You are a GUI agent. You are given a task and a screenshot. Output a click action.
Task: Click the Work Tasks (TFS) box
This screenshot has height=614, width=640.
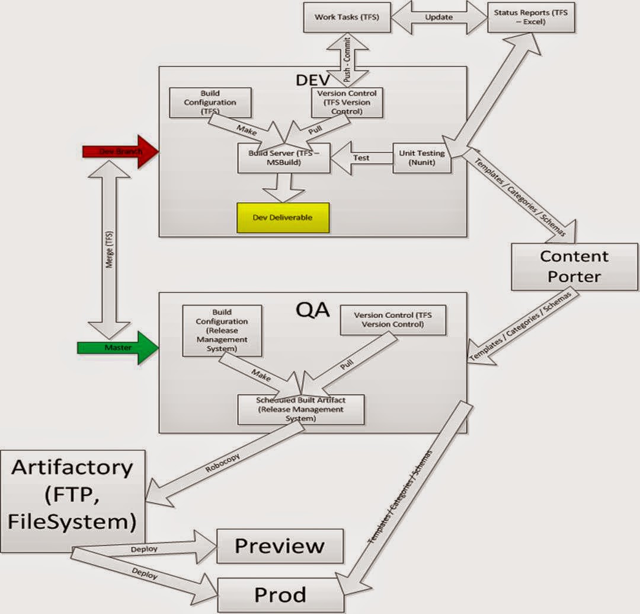(x=339, y=17)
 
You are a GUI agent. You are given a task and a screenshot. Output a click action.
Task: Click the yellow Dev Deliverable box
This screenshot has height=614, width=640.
(x=283, y=217)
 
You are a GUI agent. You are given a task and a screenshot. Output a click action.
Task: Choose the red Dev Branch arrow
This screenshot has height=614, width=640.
(x=118, y=151)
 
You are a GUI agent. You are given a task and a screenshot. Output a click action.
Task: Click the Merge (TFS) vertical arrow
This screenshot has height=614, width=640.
(x=108, y=250)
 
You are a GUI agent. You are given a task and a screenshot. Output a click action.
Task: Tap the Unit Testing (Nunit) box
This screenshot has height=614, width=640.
(x=422, y=158)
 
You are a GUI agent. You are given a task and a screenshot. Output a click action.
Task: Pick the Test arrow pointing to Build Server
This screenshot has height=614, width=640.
(x=361, y=158)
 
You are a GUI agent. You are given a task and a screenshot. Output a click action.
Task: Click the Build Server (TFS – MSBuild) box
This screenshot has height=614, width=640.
(x=284, y=158)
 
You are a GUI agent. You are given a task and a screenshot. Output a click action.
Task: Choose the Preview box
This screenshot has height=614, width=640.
(x=280, y=546)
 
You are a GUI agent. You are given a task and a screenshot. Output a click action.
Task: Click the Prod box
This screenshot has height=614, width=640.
(x=280, y=594)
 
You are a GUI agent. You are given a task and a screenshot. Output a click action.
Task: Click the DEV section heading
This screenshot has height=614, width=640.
(x=312, y=79)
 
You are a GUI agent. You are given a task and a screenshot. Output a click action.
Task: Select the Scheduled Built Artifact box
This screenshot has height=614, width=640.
(x=300, y=409)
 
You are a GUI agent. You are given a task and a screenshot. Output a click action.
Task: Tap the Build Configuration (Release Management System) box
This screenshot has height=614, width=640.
(x=222, y=330)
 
